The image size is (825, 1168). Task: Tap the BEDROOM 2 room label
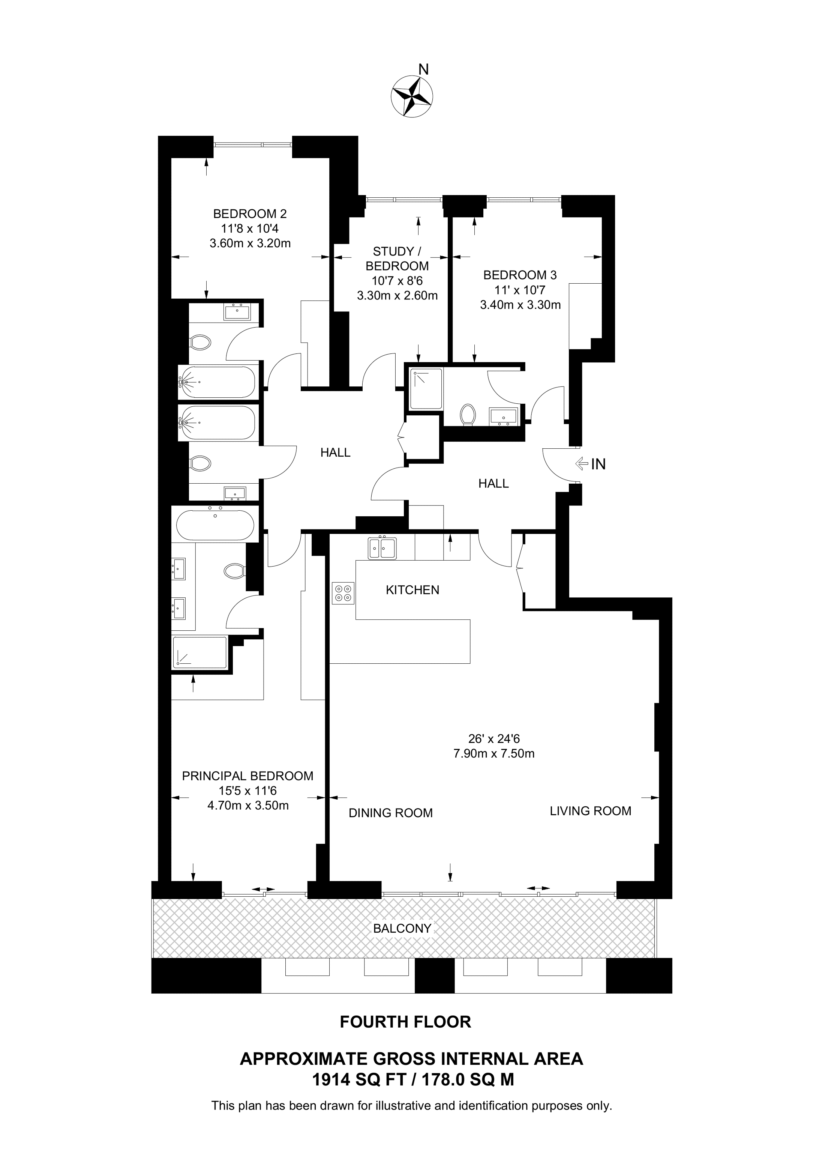[x=250, y=213]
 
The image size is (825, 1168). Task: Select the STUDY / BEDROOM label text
[x=397, y=259]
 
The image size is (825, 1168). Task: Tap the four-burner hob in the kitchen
[x=343, y=593]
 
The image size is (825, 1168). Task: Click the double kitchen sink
[x=382, y=548]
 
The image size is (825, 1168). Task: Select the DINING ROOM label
[x=390, y=813]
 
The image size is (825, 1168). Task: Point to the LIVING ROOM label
[x=590, y=811]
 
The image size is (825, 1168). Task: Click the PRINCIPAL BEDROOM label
[x=247, y=776]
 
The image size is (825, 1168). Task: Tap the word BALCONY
[x=402, y=928]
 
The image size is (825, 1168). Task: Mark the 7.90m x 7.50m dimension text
[x=493, y=753]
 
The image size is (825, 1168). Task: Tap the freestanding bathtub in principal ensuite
[x=215, y=525]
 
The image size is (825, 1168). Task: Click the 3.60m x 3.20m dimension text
[x=250, y=243]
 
